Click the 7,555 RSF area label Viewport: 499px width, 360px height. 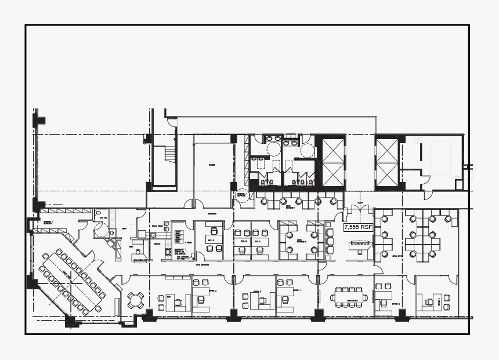(357, 228)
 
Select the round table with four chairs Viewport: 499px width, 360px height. (136, 300)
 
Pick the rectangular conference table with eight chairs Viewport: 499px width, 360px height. (349, 297)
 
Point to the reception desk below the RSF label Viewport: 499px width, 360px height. (360, 245)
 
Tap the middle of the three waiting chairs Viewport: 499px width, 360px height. (330, 239)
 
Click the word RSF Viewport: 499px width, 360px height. (366, 228)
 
